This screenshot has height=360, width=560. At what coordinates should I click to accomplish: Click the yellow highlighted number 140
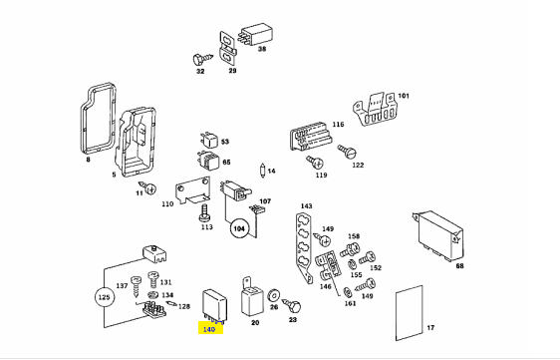pyautogui.click(x=209, y=329)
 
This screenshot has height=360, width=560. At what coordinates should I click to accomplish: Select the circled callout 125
pyautogui.click(x=104, y=297)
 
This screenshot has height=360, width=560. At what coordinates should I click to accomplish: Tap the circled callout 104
pyautogui.click(x=239, y=228)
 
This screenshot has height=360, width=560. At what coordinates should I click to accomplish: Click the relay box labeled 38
pyautogui.click(x=256, y=34)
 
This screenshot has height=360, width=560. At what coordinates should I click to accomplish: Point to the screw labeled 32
pyautogui.click(x=201, y=59)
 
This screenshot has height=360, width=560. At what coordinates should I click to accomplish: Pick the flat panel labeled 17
pyautogui.click(x=410, y=313)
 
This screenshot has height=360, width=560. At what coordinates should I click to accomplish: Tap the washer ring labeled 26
pyautogui.click(x=274, y=295)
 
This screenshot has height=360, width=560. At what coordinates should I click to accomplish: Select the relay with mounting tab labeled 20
pyautogui.click(x=251, y=298)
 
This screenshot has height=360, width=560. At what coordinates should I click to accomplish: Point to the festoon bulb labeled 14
pyautogui.click(x=263, y=171)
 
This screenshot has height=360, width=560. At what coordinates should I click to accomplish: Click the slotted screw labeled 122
pyautogui.click(x=348, y=152)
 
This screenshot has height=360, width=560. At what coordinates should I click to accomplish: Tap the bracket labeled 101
pyautogui.click(x=374, y=109)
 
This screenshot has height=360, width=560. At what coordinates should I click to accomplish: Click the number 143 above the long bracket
pyautogui.click(x=307, y=205)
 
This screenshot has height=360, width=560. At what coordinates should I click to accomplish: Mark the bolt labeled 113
pyautogui.click(x=204, y=212)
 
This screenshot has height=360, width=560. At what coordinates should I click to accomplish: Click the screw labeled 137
pyautogui.click(x=137, y=287)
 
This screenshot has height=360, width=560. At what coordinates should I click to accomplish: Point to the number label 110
pyautogui.click(x=167, y=204)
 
